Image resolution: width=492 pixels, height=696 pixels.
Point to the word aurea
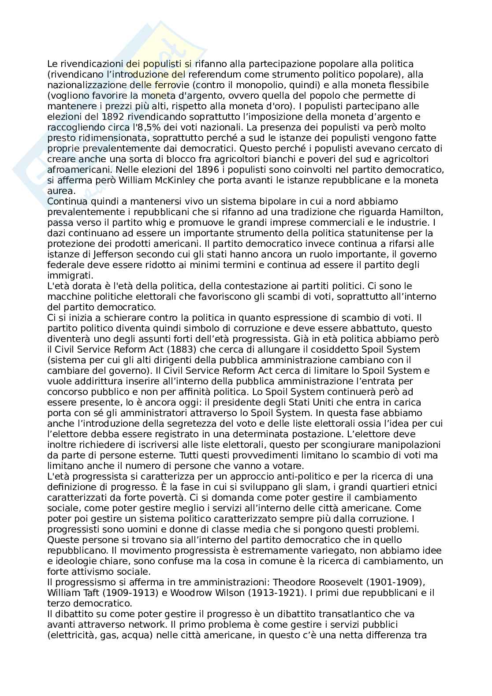click(x=61, y=191)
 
